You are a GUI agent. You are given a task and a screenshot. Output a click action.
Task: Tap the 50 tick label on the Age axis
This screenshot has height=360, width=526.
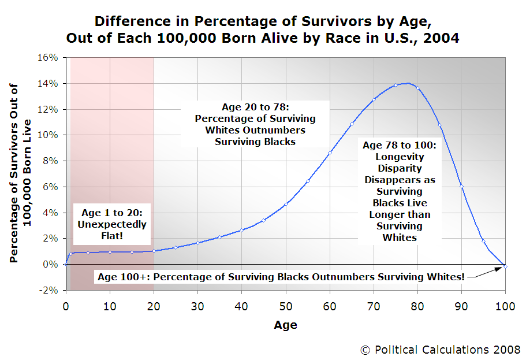pyautogui.click(x=285, y=303)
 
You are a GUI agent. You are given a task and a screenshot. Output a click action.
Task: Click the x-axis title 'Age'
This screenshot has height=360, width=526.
pyautogui.click(x=285, y=325)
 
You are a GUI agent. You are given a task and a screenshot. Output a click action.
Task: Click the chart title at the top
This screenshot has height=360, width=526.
pyautogui.click(x=263, y=31)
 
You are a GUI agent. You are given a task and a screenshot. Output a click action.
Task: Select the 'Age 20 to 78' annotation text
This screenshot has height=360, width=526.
pyautogui.click(x=255, y=124)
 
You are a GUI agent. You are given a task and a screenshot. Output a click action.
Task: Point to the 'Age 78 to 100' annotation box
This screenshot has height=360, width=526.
pyautogui.click(x=400, y=190)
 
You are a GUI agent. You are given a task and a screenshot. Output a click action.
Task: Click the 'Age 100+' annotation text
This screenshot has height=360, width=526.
pyautogui.click(x=281, y=276)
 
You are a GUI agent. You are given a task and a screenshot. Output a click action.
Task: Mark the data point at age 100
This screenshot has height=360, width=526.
pyautogui.click(x=505, y=266)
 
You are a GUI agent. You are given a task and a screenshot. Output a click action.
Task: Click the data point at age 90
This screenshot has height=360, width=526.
pyautogui.click(x=461, y=186)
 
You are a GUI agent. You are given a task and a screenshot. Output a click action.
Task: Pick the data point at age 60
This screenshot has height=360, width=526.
pyautogui.click(x=330, y=153)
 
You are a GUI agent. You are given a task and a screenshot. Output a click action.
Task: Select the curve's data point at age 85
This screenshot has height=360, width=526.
pyautogui.click(x=439, y=125)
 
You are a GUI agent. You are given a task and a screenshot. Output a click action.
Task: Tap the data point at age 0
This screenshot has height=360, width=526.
pyautogui.click(x=66, y=264)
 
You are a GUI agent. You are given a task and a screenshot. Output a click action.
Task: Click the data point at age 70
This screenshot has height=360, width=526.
pyautogui.click(x=374, y=99)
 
